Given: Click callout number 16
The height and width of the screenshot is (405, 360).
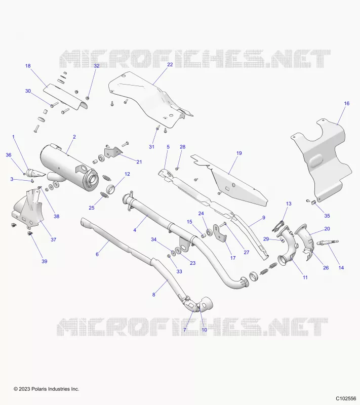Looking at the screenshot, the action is point(346,103).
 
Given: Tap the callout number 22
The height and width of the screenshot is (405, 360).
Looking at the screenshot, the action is point(170,64).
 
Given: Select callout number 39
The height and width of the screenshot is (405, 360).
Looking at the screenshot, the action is point(45,261).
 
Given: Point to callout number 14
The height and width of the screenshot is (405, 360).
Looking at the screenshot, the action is point(341,268).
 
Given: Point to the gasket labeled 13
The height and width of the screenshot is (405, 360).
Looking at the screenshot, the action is point(278,225).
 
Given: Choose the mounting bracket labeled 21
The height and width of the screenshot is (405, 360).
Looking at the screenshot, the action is point(113,151).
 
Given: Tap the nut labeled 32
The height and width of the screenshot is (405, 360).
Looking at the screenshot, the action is point(87,98).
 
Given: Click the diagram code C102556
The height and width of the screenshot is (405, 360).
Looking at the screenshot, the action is point(346,398).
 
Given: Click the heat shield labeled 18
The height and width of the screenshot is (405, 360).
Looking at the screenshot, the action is point(65,97).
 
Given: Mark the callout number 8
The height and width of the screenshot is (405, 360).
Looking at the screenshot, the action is point(154,294).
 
